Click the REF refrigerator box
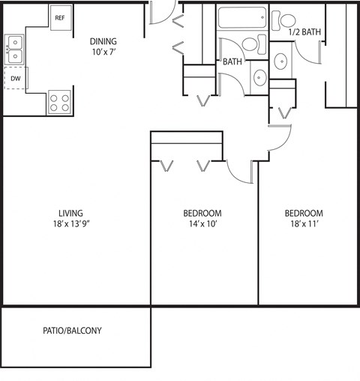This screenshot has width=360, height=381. coord(60,17)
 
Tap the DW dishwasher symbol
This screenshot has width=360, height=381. coord(15,77)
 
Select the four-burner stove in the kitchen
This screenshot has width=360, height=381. coord(59,102)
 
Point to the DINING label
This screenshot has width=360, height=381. coord(103,41)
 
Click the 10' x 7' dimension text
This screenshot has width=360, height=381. coord(103,52)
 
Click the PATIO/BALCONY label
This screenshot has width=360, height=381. coord(72,331)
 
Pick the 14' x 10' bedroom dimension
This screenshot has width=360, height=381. coord(202,223)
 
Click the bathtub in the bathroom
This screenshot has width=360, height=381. coord(241,17)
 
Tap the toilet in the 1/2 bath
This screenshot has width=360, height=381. coord(283,19)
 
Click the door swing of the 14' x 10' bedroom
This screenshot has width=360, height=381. coord(242,172)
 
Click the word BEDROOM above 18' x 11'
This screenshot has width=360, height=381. coord(307,212)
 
